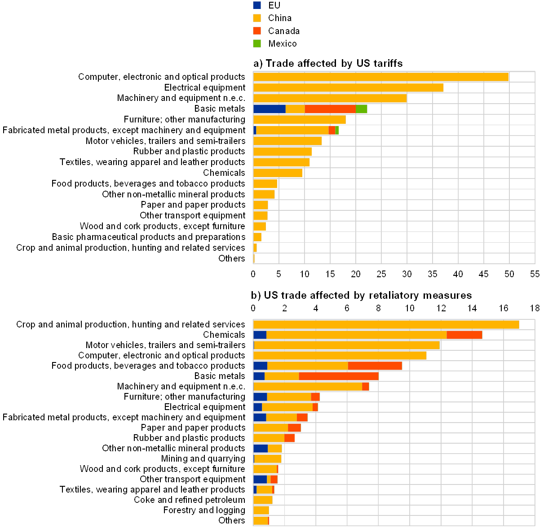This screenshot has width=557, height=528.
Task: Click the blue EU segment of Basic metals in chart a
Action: [x=269, y=109]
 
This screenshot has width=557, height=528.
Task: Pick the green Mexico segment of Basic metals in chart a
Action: [x=361, y=109]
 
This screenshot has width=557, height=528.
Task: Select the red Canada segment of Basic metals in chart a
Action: [x=330, y=109]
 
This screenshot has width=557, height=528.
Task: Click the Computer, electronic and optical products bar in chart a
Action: [x=380, y=77]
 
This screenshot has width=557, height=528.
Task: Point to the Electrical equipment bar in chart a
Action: [x=348, y=87]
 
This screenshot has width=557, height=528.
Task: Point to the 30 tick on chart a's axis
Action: [x=407, y=273]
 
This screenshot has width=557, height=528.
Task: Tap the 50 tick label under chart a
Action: [x=509, y=273]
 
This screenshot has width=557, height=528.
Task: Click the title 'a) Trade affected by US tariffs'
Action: [x=328, y=63]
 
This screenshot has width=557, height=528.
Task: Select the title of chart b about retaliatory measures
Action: [x=362, y=296]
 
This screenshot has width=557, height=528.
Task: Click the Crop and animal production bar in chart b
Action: [x=386, y=324]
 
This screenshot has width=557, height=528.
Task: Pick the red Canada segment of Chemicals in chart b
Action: [x=464, y=335]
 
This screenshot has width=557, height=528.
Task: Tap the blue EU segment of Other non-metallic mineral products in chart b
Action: [x=261, y=449]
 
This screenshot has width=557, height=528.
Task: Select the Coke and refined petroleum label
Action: [x=190, y=500]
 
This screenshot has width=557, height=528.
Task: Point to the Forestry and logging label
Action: [x=207, y=510]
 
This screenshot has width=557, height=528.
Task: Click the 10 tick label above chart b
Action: [x=409, y=308]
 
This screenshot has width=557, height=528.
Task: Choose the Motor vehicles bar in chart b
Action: [x=346, y=345]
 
